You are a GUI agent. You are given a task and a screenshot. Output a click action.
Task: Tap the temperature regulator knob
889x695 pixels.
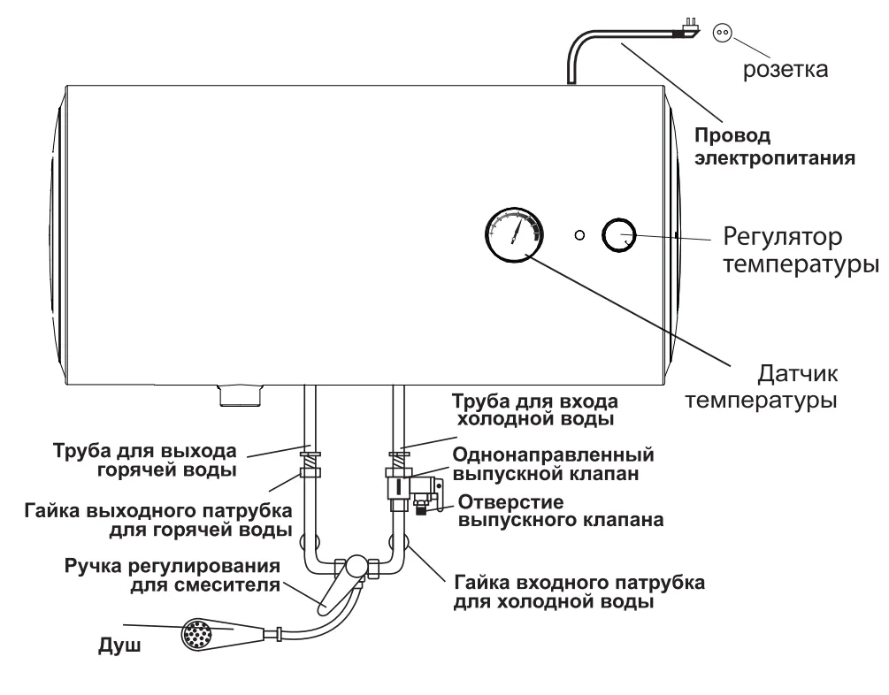[618, 237]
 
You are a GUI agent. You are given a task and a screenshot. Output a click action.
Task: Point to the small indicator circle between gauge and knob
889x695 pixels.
[579, 236]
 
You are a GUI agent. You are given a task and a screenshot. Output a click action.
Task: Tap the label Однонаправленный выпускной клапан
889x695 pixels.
[553, 463]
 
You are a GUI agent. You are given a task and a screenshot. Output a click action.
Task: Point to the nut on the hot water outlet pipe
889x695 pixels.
[309, 472]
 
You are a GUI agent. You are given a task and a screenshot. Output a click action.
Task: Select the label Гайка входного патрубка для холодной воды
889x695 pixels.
[579, 593]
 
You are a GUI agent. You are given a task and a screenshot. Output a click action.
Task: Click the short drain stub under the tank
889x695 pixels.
[240, 395]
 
